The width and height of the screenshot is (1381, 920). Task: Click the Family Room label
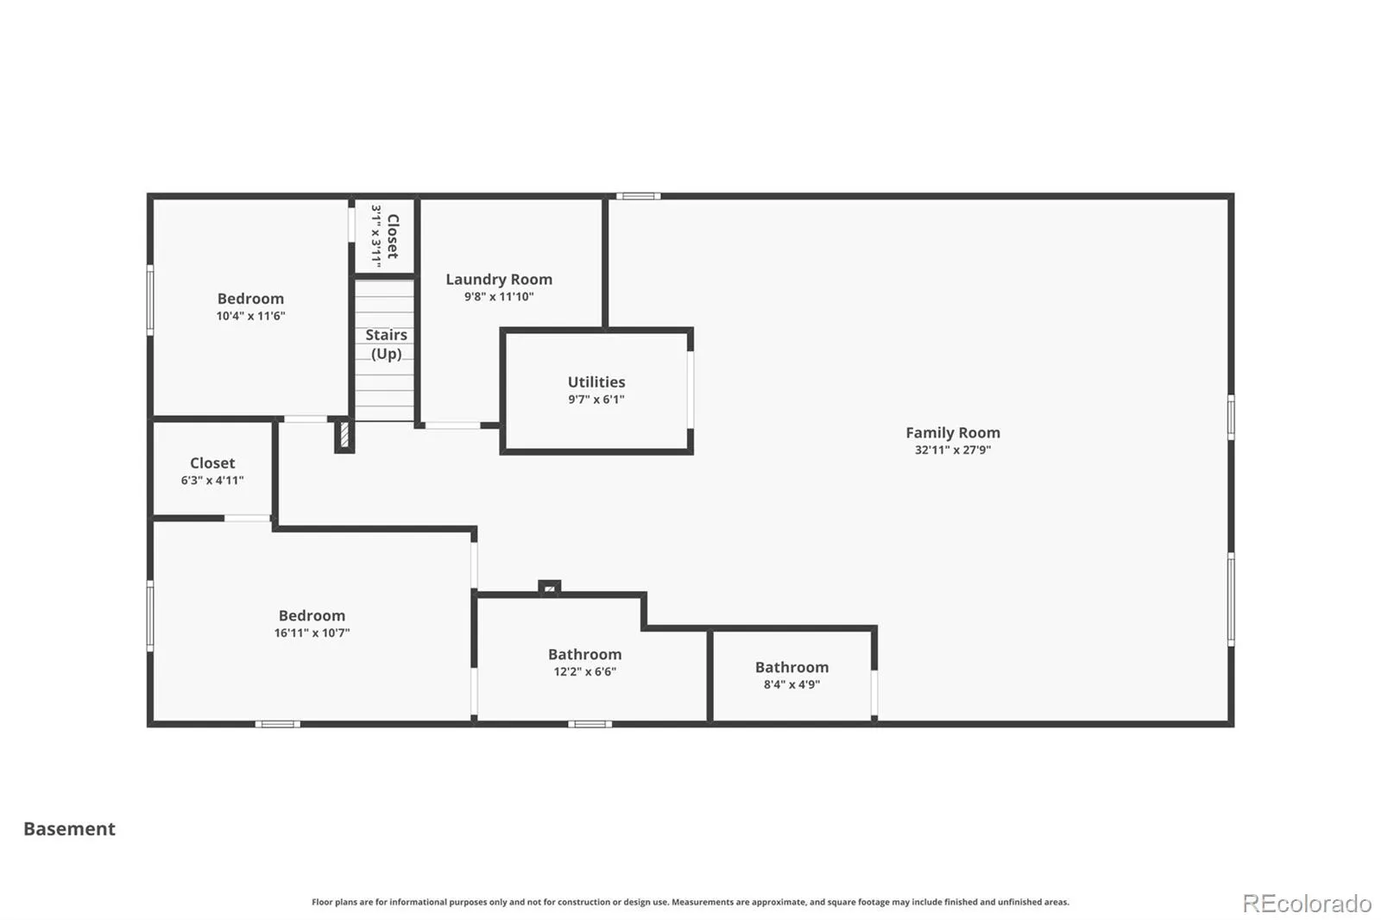coord(953,433)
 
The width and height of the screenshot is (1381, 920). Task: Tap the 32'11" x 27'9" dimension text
coord(953,451)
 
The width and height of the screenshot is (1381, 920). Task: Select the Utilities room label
coord(596,381)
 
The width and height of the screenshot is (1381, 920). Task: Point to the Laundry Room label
coord(499,280)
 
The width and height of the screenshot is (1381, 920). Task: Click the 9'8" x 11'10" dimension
coord(499,297)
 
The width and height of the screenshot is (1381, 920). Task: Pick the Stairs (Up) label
coord(387,344)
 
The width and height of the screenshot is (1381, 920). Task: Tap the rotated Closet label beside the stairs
coord(393,236)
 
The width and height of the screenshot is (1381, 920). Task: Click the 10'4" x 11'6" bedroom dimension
coord(250,316)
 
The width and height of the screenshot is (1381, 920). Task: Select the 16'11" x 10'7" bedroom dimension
coord(312,633)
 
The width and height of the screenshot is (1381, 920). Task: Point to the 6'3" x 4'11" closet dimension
coord(212,481)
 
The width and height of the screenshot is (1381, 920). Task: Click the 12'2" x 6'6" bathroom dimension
coord(584,671)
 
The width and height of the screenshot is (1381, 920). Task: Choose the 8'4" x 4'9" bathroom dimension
coord(791,684)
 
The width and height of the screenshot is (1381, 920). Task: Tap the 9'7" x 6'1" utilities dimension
coord(596,400)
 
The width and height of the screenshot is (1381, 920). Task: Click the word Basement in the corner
coord(69,829)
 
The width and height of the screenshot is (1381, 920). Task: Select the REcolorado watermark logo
coord(1307,904)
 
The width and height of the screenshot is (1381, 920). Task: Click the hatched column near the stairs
coord(344,434)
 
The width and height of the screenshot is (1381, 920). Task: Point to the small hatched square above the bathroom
coord(549,589)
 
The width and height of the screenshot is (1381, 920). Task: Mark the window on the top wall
coord(638,197)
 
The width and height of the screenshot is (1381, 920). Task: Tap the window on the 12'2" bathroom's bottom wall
coord(590,724)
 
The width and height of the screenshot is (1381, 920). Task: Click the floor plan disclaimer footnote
coord(690,902)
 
